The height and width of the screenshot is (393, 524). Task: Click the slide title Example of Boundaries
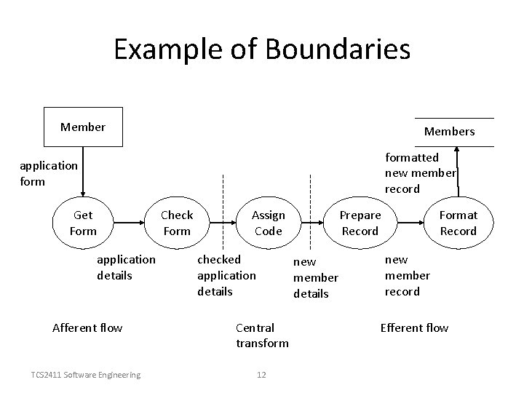(x=262, y=49)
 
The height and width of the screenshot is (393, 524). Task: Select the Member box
(x=83, y=127)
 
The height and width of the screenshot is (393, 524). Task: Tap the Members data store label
(x=449, y=132)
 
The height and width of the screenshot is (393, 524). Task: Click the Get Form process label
(x=83, y=223)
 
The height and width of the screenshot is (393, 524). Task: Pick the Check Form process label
(x=177, y=223)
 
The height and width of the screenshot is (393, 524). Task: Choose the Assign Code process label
(x=268, y=223)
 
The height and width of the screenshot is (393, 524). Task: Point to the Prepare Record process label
(x=360, y=223)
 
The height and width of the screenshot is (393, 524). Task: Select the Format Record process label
(x=458, y=223)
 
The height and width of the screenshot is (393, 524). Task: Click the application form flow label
(x=48, y=173)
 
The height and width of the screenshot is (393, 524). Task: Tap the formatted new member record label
(x=419, y=173)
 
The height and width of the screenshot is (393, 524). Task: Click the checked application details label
(x=226, y=275)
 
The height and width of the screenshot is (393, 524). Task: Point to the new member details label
(x=315, y=278)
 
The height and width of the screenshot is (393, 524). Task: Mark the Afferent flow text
(x=87, y=327)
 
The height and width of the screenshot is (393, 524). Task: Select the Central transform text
(x=262, y=336)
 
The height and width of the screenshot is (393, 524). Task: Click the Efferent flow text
(x=414, y=327)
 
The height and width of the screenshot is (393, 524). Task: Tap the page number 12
(x=262, y=375)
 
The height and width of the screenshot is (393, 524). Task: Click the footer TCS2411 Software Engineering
(x=86, y=375)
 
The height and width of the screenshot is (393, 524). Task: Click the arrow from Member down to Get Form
(x=83, y=171)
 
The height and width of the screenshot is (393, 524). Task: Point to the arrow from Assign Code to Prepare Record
(x=314, y=218)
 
